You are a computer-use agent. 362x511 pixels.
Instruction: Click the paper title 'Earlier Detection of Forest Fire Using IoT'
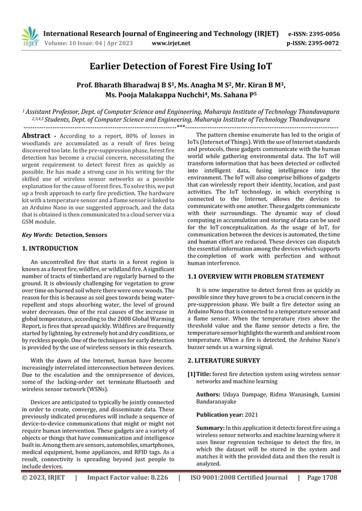(181, 66)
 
